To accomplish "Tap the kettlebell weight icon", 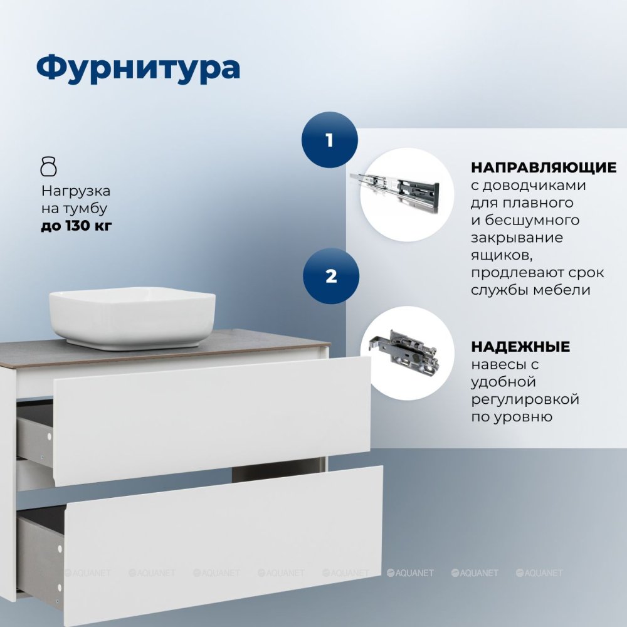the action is (49, 166).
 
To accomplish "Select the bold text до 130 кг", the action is (76, 226).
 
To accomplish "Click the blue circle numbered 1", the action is (330, 140).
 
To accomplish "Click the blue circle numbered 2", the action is (331, 276).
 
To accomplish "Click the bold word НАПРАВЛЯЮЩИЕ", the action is (544, 167).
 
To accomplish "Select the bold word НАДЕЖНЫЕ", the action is (520, 346).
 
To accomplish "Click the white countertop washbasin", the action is (132, 318).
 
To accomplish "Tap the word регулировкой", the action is (525, 399).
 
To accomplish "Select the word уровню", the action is (526, 417).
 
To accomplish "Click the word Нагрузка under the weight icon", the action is (76, 191).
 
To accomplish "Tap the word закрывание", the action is (517, 238).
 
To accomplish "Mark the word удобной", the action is (503, 382).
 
